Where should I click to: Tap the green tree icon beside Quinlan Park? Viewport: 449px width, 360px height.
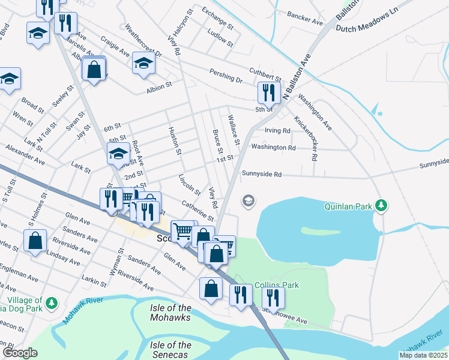point(381,206)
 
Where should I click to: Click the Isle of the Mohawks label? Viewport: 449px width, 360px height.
point(170,313)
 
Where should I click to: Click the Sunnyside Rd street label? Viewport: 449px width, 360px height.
point(262,174)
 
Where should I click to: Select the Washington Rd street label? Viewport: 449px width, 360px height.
point(274,147)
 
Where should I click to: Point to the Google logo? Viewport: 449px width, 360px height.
point(20,353)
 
